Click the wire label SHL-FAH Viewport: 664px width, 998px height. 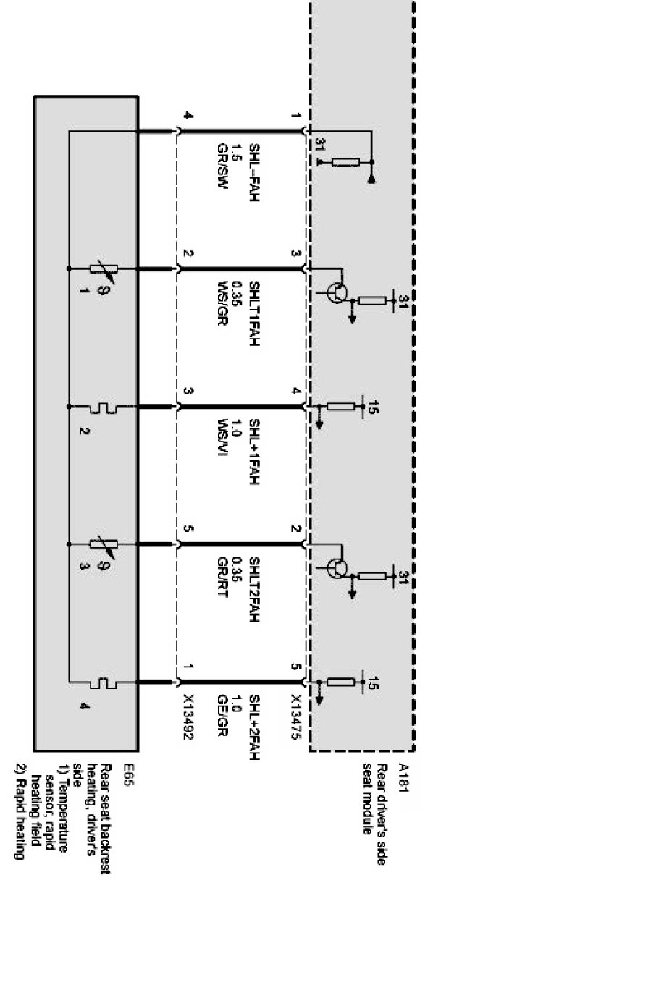[x=253, y=174]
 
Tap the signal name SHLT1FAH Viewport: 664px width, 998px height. [x=253, y=313]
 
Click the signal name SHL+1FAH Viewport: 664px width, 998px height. [x=253, y=451]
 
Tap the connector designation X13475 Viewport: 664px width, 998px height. [x=296, y=717]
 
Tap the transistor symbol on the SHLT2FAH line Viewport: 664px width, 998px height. [x=336, y=568]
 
